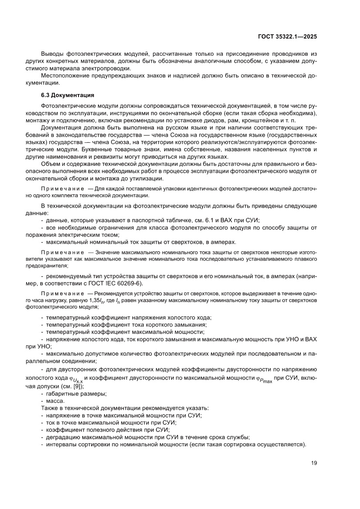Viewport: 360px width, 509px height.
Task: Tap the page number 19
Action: tap(313, 463)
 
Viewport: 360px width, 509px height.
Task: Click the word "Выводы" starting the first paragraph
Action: tap(52, 53)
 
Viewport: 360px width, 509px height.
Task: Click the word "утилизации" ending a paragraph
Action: tap(150, 179)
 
